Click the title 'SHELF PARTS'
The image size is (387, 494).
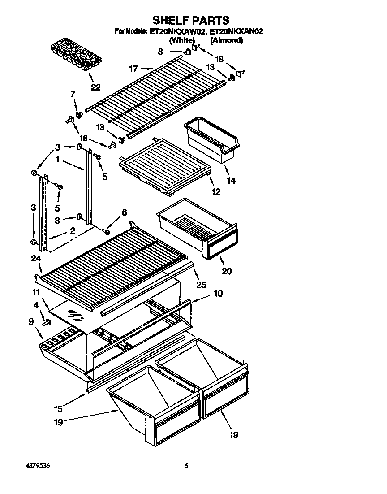(x=191, y=20)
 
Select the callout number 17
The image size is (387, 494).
(x=133, y=69)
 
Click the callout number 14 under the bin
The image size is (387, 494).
(x=231, y=181)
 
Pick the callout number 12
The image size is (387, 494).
(x=216, y=192)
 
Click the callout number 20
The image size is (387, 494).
(x=227, y=271)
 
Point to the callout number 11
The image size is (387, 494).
(x=36, y=292)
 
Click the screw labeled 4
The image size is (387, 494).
(x=45, y=322)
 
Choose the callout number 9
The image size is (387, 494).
(x=31, y=321)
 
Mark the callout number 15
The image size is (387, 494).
(x=58, y=408)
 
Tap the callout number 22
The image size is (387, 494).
(x=95, y=87)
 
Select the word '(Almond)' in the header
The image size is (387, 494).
(x=227, y=40)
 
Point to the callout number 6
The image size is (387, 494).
(x=125, y=212)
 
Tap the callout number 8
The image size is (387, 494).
(x=160, y=52)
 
